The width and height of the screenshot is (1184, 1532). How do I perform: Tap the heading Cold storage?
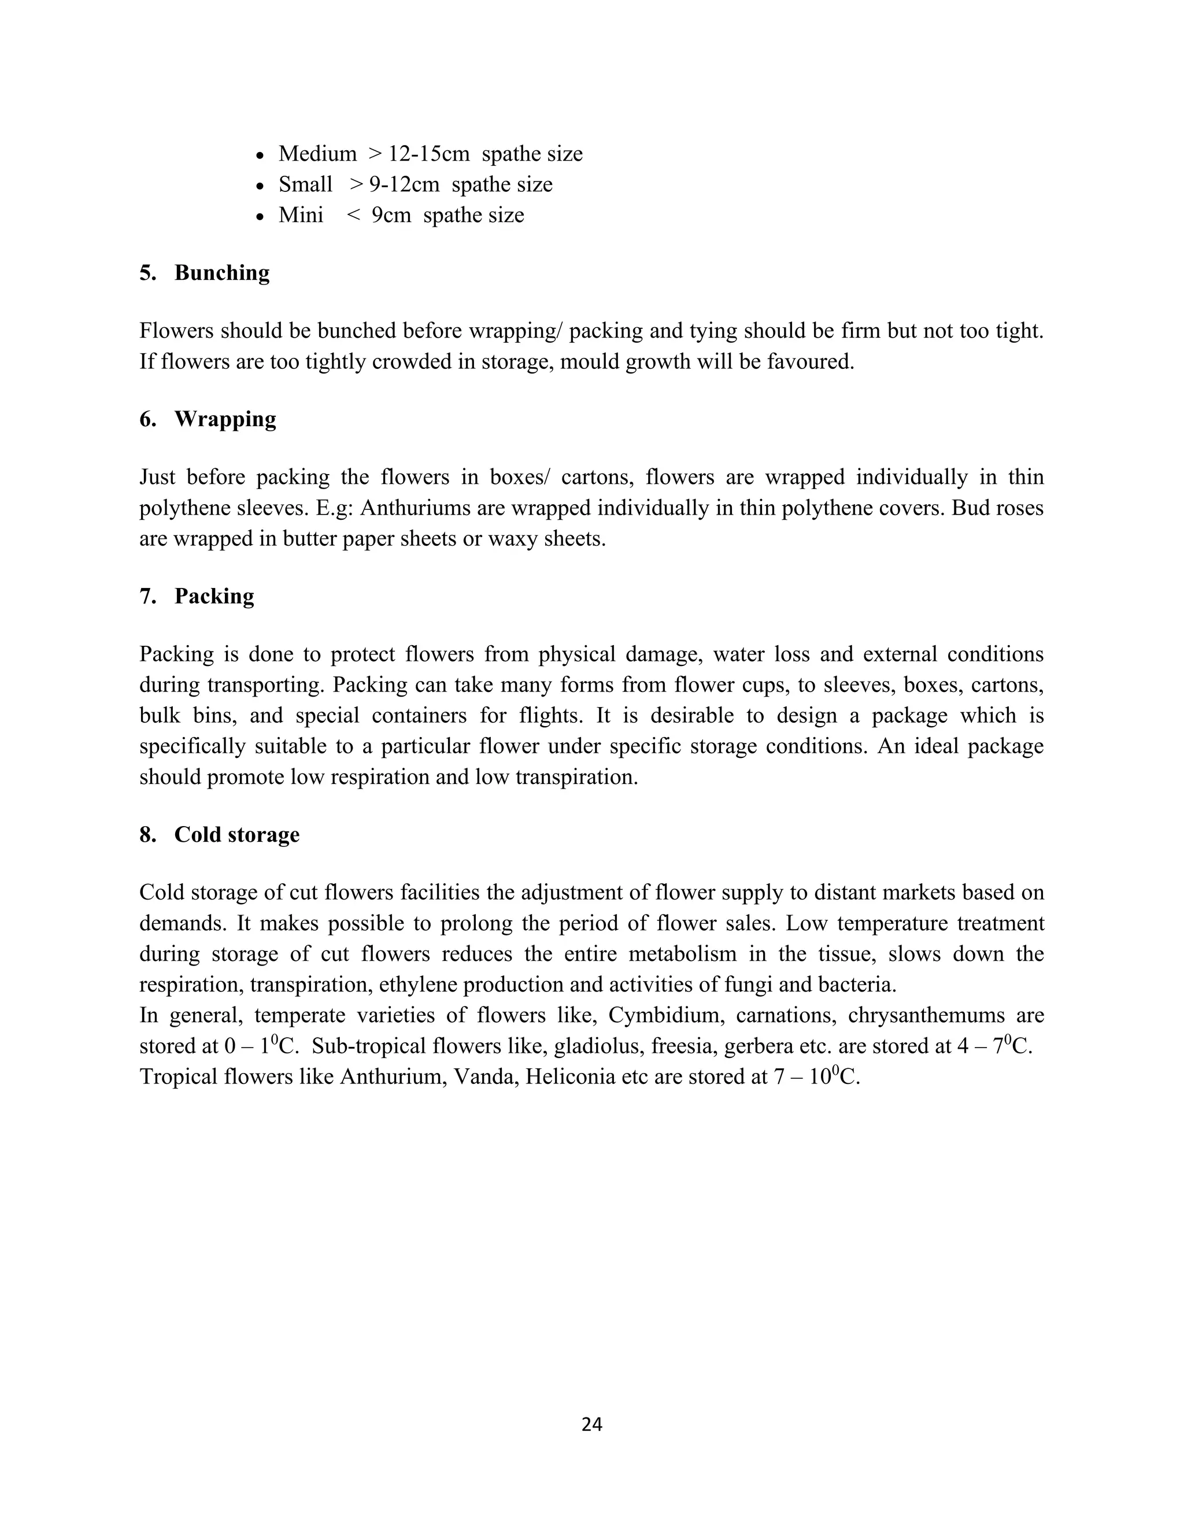point(236,834)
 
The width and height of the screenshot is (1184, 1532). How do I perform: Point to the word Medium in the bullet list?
point(317,154)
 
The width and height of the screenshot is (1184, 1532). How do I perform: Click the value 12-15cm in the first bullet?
point(428,154)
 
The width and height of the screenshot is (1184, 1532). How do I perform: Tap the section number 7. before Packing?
point(147,596)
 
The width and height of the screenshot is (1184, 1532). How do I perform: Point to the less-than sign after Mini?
point(353,214)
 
